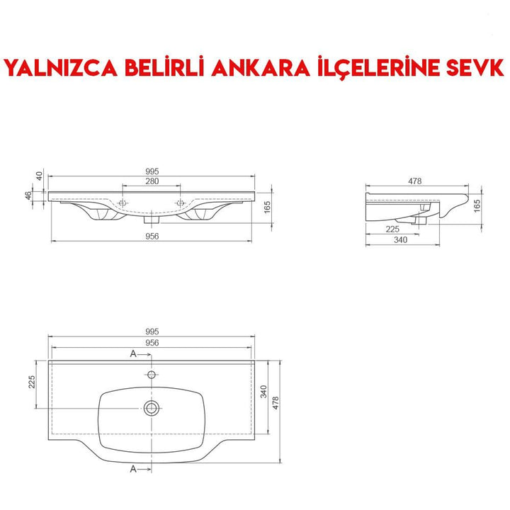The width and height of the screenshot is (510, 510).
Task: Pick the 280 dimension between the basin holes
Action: (x=152, y=182)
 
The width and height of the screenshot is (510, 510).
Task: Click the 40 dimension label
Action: (x=40, y=175)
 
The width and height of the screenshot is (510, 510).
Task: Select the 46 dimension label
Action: (x=28, y=196)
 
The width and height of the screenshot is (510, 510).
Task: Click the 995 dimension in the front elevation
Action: (x=152, y=171)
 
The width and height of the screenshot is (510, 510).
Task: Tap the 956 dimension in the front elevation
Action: (x=152, y=236)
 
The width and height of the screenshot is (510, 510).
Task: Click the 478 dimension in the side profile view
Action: (x=415, y=181)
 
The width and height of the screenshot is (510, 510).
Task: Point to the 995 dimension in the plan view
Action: (x=152, y=331)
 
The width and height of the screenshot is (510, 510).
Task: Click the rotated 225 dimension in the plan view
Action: (x=31, y=382)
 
